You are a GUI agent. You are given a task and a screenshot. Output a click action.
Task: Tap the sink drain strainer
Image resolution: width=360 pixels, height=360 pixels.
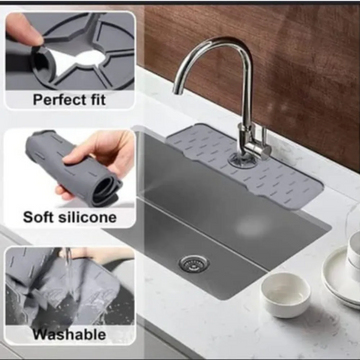tap(190, 262)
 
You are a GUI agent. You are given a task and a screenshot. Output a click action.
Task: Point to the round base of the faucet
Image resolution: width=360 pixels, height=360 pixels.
tap(241, 159)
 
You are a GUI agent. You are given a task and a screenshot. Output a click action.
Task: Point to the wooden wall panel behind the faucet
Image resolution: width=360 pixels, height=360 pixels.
tap(300, 60)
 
